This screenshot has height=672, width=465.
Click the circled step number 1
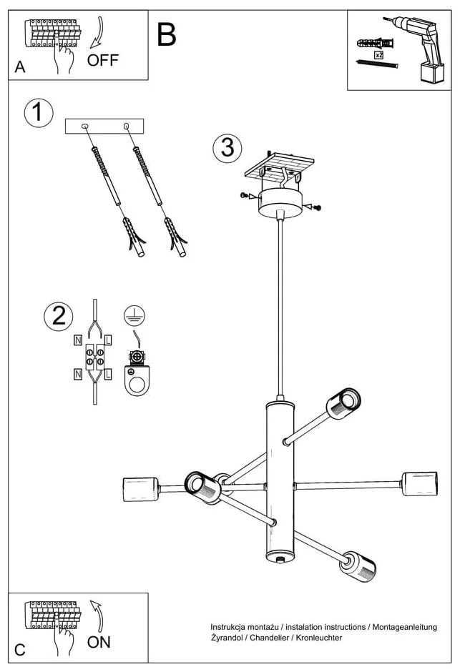38,113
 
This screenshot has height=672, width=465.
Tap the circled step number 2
58,316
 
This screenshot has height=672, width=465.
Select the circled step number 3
227,147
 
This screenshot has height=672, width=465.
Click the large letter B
166,35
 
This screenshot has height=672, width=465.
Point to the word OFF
103,61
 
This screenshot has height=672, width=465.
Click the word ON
99,642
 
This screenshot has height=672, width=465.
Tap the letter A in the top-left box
20,67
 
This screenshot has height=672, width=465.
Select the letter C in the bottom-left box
20,650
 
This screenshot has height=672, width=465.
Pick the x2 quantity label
379,54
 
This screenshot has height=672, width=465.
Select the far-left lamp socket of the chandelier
140,489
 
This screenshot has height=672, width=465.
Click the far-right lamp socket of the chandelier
420,483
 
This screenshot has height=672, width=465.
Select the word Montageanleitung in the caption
403,627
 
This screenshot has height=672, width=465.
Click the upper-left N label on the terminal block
77,341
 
